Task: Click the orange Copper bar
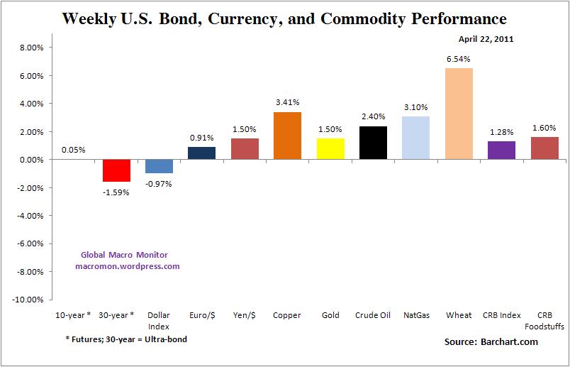(287, 136)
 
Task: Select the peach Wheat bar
(459, 114)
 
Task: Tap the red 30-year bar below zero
(116, 171)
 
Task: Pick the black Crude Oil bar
(373, 143)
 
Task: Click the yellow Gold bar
(330, 149)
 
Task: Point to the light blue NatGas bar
(415, 138)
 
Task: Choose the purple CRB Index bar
(501, 150)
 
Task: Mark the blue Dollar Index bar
(159, 167)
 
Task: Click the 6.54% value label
(459, 61)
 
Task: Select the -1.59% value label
(116, 192)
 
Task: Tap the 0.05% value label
(74, 150)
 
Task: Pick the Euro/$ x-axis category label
(201, 315)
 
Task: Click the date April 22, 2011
(487, 39)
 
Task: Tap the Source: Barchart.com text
(491, 342)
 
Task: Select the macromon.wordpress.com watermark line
(128, 266)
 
